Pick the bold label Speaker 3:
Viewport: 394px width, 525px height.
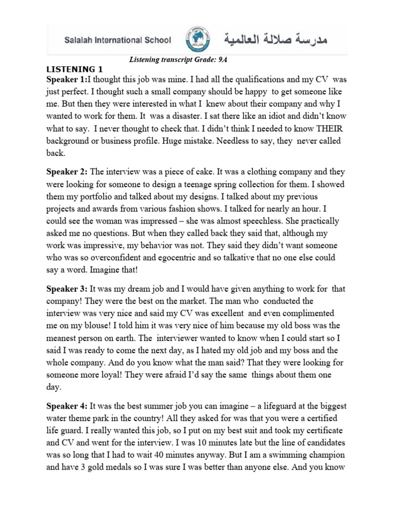67,289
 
